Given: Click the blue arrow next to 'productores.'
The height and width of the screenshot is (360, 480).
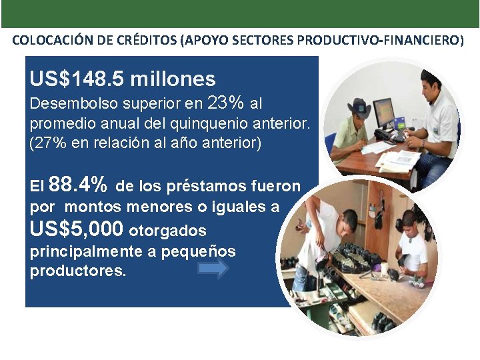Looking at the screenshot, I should point(213,268).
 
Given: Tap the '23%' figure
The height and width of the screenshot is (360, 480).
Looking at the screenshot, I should point(226,103).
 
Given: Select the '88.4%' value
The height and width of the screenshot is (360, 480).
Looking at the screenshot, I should point(78,185).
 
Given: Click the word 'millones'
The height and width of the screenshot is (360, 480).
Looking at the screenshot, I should point(173,80).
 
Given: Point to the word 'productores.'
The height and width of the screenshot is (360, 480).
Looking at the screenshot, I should point(78,271).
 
